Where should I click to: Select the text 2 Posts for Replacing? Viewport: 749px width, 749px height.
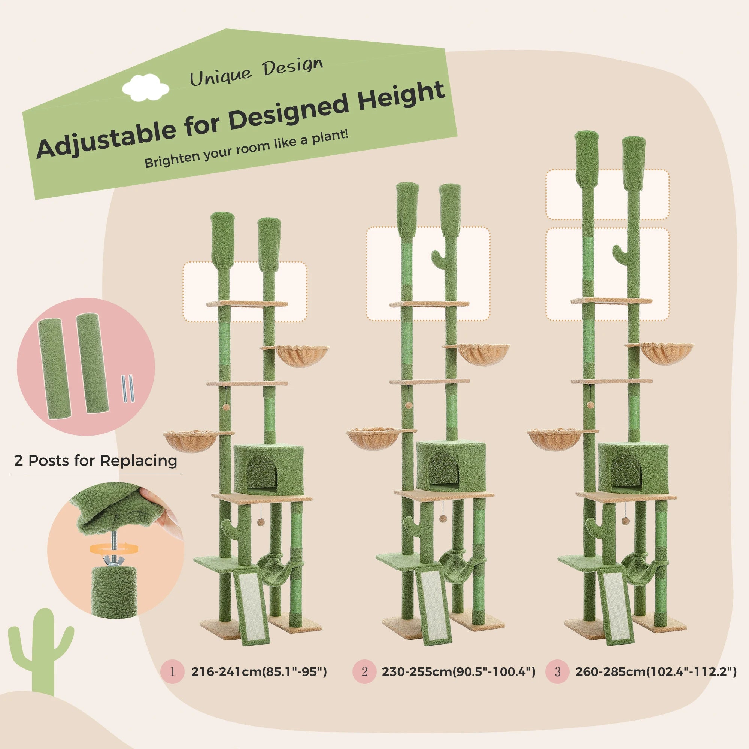[x=95, y=461]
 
